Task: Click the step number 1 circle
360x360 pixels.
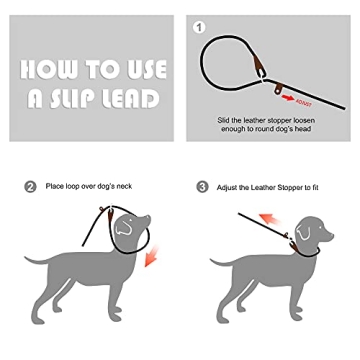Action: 198,27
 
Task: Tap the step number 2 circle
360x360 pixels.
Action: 30,186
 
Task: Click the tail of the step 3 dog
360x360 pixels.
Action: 215,261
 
